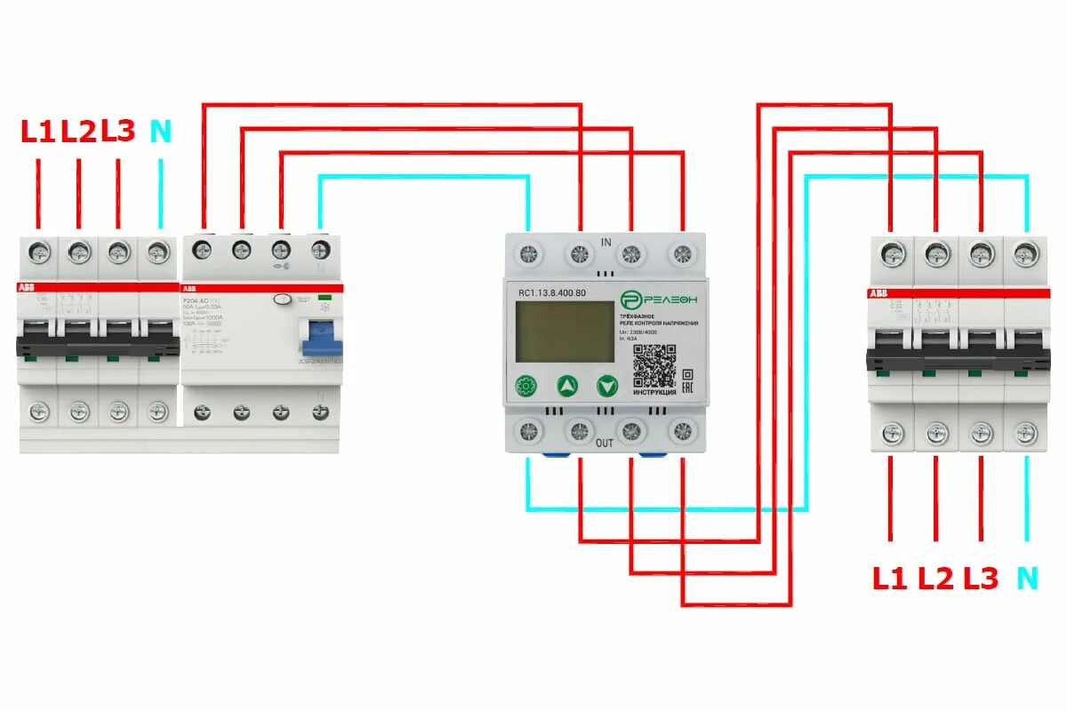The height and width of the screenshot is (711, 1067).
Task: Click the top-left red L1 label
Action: pyautogui.click(x=38, y=132)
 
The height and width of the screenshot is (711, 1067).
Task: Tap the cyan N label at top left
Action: pyautogui.click(x=160, y=132)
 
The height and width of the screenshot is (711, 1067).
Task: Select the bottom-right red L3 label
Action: pyautogui.click(x=981, y=579)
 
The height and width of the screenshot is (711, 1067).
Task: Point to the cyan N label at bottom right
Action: pyautogui.click(x=1027, y=579)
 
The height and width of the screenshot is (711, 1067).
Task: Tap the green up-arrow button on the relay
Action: pyautogui.click(x=567, y=387)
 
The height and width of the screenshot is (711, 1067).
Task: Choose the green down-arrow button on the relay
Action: pyautogui.click(x=607, y=387)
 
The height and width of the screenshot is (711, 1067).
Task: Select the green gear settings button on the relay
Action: pyautogui.click(x=526, y=387)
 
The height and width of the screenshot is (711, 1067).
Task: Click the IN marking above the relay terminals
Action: pyautogui.click(x=606, y=242)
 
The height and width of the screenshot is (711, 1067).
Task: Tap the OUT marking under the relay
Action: pyautogui.click(x=605, y=443)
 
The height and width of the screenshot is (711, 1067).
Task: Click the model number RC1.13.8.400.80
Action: pyautogui.click(x=557, y=292)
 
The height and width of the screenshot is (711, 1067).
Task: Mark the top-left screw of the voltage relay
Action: pyautogui.click(x=529, y=253)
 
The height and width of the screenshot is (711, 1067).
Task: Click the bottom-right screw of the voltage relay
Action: pyautogui.click(x=682, y=431)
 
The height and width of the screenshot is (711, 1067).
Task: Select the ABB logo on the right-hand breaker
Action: pyautogui.click(x=878, y=292)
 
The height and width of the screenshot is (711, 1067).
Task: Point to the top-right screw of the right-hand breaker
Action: pyautogui.click(x=1025, y=255)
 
